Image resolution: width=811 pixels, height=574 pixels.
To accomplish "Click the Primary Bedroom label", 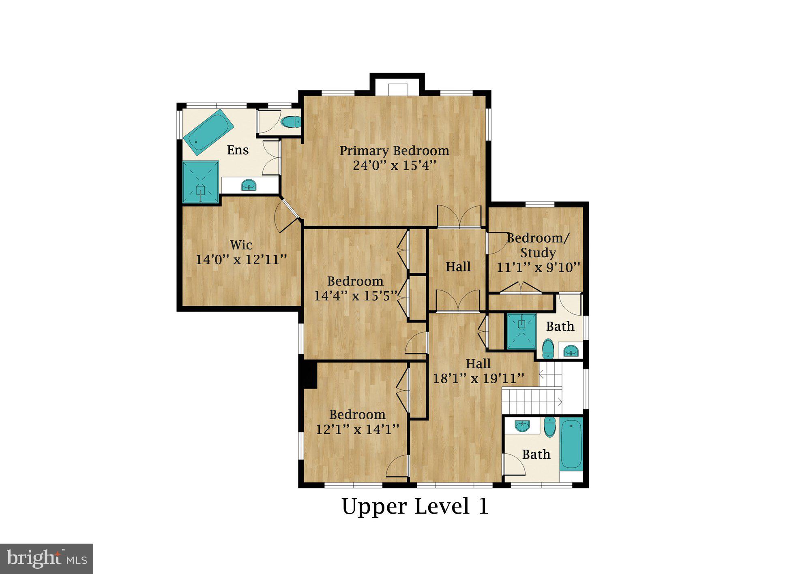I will click(x=394, y=151).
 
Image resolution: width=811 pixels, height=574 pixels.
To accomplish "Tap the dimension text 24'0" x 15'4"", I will click(x=394, y=166).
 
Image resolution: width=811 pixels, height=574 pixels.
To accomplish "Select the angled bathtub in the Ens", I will click(x=208, y=132).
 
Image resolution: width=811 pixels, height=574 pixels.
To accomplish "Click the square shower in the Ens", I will click(x=201, y=182).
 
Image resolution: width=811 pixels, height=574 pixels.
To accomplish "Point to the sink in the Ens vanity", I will click(x=249, y=186).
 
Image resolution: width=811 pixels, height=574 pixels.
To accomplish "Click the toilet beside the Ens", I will click(x=290, y=122).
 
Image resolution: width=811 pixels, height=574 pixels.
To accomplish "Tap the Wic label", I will click(x=241, y=245).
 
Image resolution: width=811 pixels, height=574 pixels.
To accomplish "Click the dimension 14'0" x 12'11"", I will click(x=241, y=260).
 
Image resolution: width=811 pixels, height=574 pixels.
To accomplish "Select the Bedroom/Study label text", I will click(x=538, y=245).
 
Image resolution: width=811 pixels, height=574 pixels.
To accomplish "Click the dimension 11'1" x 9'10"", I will click(x=539, y=267).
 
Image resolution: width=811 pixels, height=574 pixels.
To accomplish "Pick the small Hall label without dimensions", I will click(x=458, y=267).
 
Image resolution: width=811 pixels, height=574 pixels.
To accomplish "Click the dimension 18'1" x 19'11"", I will click(x=478, y=379).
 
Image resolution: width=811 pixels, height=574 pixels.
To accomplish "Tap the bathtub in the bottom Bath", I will click(x=571, y=444).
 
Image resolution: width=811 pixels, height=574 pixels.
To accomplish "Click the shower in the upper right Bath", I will click(x=521, y=331).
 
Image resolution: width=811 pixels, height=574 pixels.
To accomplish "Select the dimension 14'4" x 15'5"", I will click(x=355, y=296).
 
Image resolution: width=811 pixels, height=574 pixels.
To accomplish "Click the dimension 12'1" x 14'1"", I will click(x=357, y=429).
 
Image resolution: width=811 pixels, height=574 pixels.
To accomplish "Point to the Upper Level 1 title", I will click(x=415, y=506).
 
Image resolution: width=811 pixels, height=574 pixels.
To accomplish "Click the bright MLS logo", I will click(x=47, y=559).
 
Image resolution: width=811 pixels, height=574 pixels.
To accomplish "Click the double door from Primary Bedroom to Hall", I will click(x=459, y=217).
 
